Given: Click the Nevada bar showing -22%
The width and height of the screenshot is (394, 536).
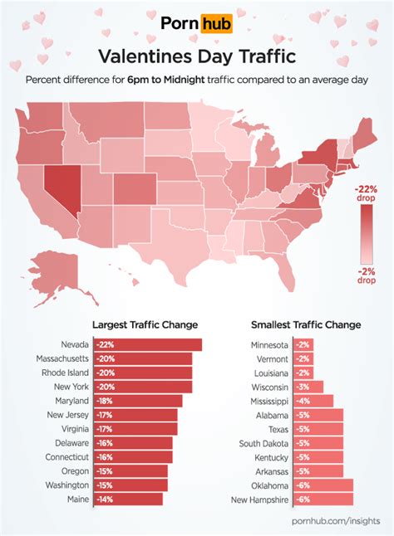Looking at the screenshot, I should click(x=147, y=344).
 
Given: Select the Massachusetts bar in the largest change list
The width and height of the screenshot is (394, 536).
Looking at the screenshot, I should click(x=142, y=358).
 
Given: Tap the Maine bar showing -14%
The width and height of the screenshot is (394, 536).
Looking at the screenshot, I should click(x=128, y=499).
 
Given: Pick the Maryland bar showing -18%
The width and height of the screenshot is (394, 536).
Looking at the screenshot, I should click(x=137, y=401).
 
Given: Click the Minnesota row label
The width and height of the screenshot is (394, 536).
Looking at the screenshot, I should click(x=269, y=344).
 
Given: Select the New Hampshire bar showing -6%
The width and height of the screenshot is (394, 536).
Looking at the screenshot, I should click(x=323, y=499).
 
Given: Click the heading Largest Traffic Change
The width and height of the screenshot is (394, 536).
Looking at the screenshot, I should click(x=145, y=324).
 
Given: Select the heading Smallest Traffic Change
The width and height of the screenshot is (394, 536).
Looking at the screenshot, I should click(x=306, y=324).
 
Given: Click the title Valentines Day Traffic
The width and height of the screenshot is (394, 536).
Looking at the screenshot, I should click(x=196, y=56).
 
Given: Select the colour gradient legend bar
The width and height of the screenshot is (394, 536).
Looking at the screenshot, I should click(x=367, y=233).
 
